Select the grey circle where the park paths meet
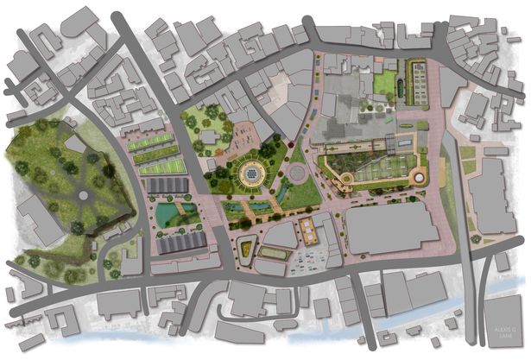click(83, 195)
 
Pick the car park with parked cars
click(312, 256)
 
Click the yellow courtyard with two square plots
click(307, 227)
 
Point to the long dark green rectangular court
click(275, 254)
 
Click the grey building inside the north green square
click(209, 136)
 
